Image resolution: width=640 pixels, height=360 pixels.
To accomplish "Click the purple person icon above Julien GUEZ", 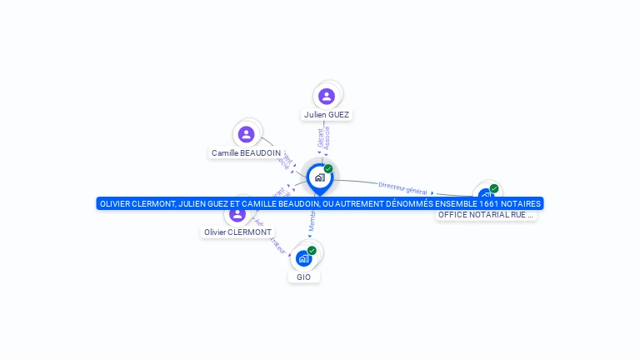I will (x=327, y=96).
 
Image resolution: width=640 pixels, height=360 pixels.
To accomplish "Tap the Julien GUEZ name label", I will (x=327, y=115).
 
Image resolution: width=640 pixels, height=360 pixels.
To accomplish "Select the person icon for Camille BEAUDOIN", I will (x=246, y=134).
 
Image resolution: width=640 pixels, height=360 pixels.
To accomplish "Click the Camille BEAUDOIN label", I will (x=246, y=153).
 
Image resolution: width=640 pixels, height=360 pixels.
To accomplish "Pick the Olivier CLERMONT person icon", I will (x=237, y=214).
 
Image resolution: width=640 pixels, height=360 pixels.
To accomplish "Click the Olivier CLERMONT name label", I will (x=237, y=232).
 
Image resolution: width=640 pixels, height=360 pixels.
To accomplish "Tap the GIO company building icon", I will (x=303, y=259).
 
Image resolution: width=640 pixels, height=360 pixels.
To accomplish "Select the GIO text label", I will (x=303, y=277).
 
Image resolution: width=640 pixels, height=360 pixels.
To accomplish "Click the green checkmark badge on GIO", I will (x=312, y=251).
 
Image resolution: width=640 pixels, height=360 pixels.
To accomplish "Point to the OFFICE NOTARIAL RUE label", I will (x=486, y=215).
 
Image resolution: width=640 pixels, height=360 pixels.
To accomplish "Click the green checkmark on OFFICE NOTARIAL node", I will (x=494, y=188).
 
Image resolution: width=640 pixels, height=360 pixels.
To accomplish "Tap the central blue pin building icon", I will (x=319, y=177).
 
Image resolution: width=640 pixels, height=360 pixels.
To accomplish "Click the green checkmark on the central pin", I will (x=328, y=168).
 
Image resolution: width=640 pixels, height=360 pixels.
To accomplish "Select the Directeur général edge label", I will (x=402, y=187).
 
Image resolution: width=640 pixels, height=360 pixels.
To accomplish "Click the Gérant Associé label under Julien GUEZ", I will (x=323, y=137).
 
